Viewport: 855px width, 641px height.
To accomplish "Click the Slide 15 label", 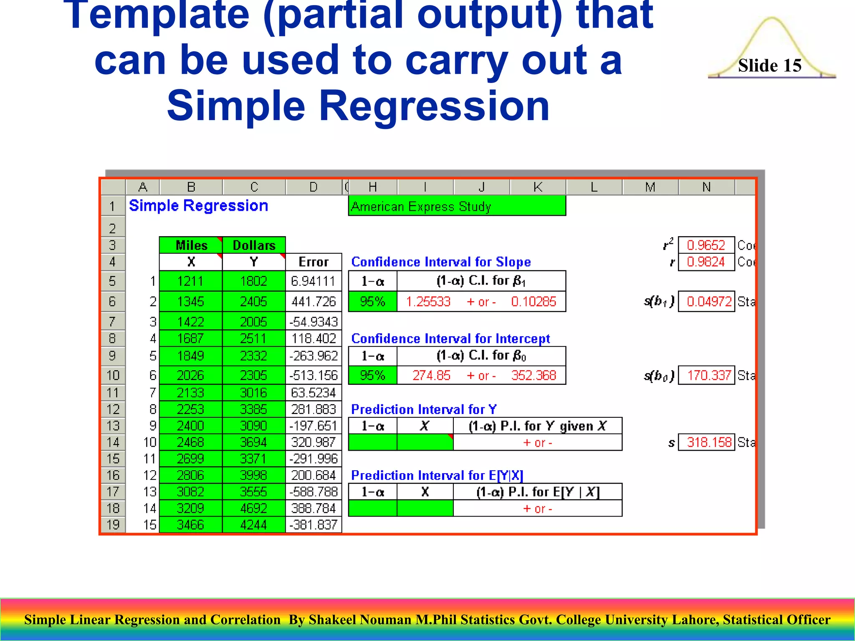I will pyautogui.click(x=769, y=66).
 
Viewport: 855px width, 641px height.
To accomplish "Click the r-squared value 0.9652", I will pyautogui.click(x=706, y=245).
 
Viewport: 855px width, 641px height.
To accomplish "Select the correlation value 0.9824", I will pyautogui.click(x=706, y=262).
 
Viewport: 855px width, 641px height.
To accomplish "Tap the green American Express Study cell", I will pyautogui.click(x=457, y=206).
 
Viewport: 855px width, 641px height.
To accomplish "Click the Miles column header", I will pyautogui.click(x=191, y=245).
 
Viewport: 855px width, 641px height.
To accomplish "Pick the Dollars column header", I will pyautogui.click(x=254, y=245).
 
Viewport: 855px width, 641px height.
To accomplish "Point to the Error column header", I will pyautogui.click(x=314, y=262).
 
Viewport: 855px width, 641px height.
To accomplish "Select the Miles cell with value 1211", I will pyautogui.click(x=190, y=281).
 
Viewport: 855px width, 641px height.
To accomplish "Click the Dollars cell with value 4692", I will pyautogui.click(x=253, y=508).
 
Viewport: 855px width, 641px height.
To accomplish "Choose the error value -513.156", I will pyautogui.click(x=314, y=375).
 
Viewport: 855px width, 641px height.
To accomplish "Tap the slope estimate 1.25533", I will pyautogui.click(x=428, y=301).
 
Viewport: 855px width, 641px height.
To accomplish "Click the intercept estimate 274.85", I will pyautogui.click(x=431, y=375).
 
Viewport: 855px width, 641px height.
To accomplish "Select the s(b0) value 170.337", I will pyautogui.click(x=709, y=375).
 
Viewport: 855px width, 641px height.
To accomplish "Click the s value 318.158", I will pyautogui.click(x=709, y=442).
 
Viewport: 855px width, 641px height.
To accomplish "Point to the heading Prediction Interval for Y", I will pyautogui.click(x=424, y=409).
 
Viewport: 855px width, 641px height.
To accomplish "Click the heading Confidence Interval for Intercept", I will pyautogui.click(x=450, y=338).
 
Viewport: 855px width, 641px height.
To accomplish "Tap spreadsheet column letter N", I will pyautogui.click(x=706, y=187).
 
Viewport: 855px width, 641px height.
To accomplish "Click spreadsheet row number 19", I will pyautogui.click(x=113, y=525).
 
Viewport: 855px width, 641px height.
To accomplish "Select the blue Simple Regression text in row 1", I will pyautogui.click(x=198, y=206).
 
